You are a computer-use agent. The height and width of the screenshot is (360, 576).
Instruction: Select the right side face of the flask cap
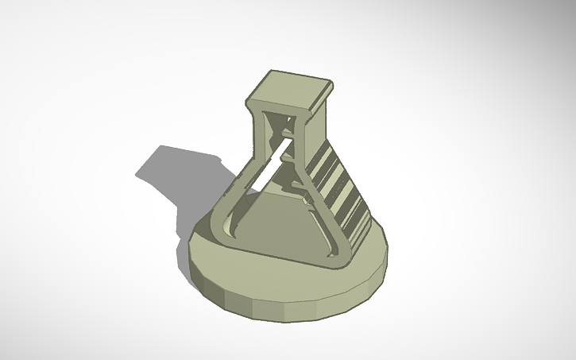319,101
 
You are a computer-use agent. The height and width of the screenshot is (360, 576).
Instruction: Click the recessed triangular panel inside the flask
278,219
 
